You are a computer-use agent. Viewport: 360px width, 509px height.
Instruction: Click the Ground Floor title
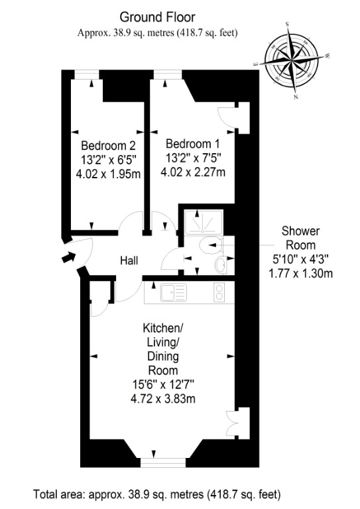[157, 17]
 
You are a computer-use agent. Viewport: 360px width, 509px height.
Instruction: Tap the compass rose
[291, 60]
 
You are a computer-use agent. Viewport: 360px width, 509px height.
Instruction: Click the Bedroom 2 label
[108, 145]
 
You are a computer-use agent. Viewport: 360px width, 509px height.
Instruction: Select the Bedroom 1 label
[193, 143]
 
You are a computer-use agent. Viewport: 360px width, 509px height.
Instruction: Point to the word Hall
[129, 260]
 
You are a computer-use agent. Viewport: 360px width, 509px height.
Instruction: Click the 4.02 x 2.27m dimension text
[193, 172]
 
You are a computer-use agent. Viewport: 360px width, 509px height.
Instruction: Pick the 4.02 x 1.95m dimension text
[108, 174]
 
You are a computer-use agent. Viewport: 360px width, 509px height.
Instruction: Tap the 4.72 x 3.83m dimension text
[163, 398]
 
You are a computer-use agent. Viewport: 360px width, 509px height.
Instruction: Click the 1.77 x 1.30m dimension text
[300, 274]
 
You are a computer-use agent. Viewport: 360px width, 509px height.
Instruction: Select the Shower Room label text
[300, 238]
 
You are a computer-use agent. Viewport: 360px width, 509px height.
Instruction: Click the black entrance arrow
[69, 256]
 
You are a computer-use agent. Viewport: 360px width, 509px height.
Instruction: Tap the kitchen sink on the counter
[174, 292]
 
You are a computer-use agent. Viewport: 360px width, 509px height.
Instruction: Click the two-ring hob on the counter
[219, 292]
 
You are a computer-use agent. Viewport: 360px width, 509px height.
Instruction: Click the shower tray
[204, 222]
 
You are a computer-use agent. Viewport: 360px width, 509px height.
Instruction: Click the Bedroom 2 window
[87, 75]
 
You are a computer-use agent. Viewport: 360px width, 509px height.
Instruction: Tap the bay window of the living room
[163, 463]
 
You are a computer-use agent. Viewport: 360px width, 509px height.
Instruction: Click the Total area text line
[156, 494]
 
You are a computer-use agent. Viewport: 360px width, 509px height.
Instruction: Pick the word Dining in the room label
[163, 356]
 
